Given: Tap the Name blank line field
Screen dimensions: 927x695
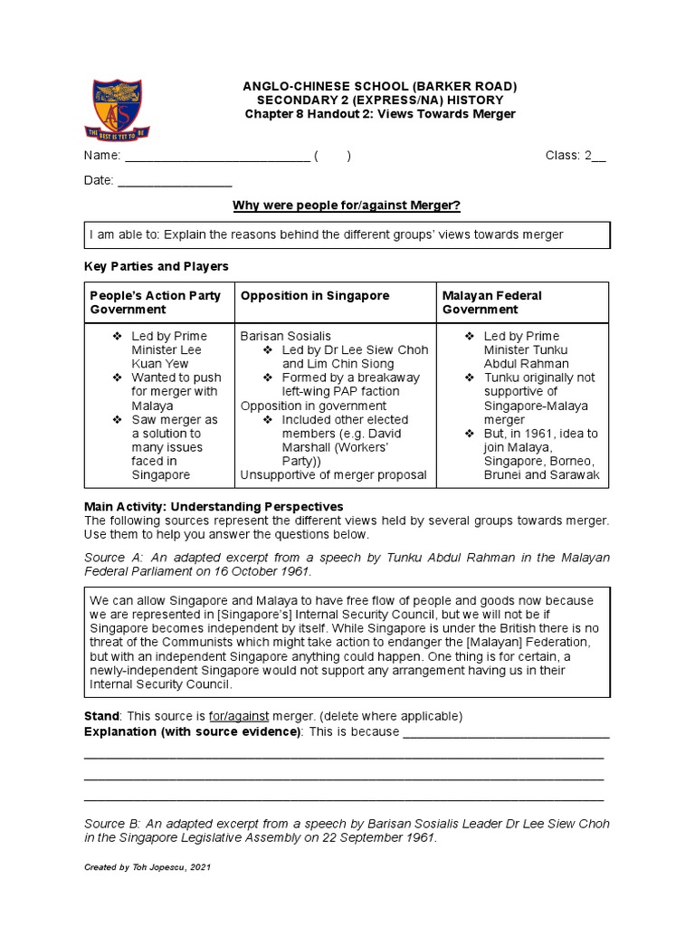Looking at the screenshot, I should click(217, 156).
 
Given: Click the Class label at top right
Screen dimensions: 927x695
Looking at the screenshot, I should click(563, 156).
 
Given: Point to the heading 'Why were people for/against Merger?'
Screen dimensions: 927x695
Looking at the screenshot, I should click(347, 206).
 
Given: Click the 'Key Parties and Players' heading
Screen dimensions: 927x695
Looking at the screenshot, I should click(157, 267).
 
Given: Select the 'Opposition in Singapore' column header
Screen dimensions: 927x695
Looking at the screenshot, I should click(315, 296).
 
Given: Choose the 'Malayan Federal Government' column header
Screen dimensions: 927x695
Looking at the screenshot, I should click(491, 302).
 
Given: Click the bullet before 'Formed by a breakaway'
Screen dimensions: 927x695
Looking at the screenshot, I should click(268, 377).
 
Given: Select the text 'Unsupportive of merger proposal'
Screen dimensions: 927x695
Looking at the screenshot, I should click(333, 475).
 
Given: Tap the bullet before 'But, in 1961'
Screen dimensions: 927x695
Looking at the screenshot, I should click(470, 434).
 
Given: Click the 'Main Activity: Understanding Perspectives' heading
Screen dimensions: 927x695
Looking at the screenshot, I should click(214, 506).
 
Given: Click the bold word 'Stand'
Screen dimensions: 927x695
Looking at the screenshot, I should click(100, 716).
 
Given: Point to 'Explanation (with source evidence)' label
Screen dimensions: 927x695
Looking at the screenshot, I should click(192, 731).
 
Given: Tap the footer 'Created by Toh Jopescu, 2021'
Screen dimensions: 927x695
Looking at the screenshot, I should click(147, 867).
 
